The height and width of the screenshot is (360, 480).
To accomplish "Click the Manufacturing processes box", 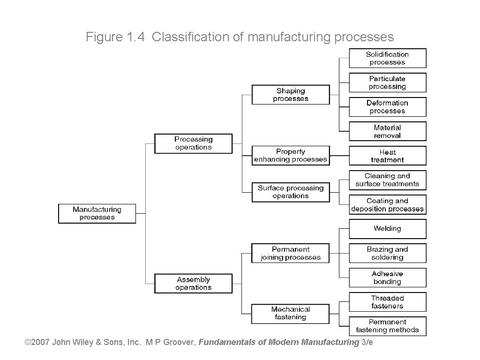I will (97, 213).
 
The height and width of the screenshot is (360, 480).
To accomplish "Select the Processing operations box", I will (194, 143).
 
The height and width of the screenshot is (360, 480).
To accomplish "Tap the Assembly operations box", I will (194, 284).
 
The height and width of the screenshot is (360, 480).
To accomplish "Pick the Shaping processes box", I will (291, 95).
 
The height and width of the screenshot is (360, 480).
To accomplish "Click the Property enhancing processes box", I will (291, 156).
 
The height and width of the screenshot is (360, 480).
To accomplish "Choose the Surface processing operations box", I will (291, 192).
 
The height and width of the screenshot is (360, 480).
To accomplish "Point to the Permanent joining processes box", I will (291, 253).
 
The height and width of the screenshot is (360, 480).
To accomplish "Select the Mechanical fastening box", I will (291, 313).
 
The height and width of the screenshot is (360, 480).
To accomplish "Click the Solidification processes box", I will (387, 58).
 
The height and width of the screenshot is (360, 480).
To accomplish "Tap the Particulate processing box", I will (387, 82).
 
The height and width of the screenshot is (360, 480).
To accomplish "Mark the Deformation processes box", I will (387, 107).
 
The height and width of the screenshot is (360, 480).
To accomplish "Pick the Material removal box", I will (387, 131).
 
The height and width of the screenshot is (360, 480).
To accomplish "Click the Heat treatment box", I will (387, 156).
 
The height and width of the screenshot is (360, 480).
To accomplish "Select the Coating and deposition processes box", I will (387, 205).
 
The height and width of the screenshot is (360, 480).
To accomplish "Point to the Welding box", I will (387, 229).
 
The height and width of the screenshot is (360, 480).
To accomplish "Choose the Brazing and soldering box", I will (387, 253).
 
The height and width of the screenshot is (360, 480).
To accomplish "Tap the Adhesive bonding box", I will (387, 277).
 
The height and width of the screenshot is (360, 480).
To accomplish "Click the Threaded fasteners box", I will (387, 302).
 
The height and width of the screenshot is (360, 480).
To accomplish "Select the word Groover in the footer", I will (179, 342).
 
